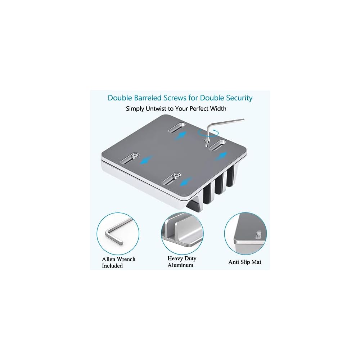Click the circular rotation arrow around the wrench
pos(208,133)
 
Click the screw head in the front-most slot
pos(176,176)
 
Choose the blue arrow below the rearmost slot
pos(180,136)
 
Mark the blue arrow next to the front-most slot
pos(186,181)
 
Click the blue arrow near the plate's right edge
pos(221,156)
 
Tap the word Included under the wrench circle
pos(112,266)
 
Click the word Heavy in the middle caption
pos(175,259)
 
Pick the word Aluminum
pos(180,265)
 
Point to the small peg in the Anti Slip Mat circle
pos(258,235)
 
